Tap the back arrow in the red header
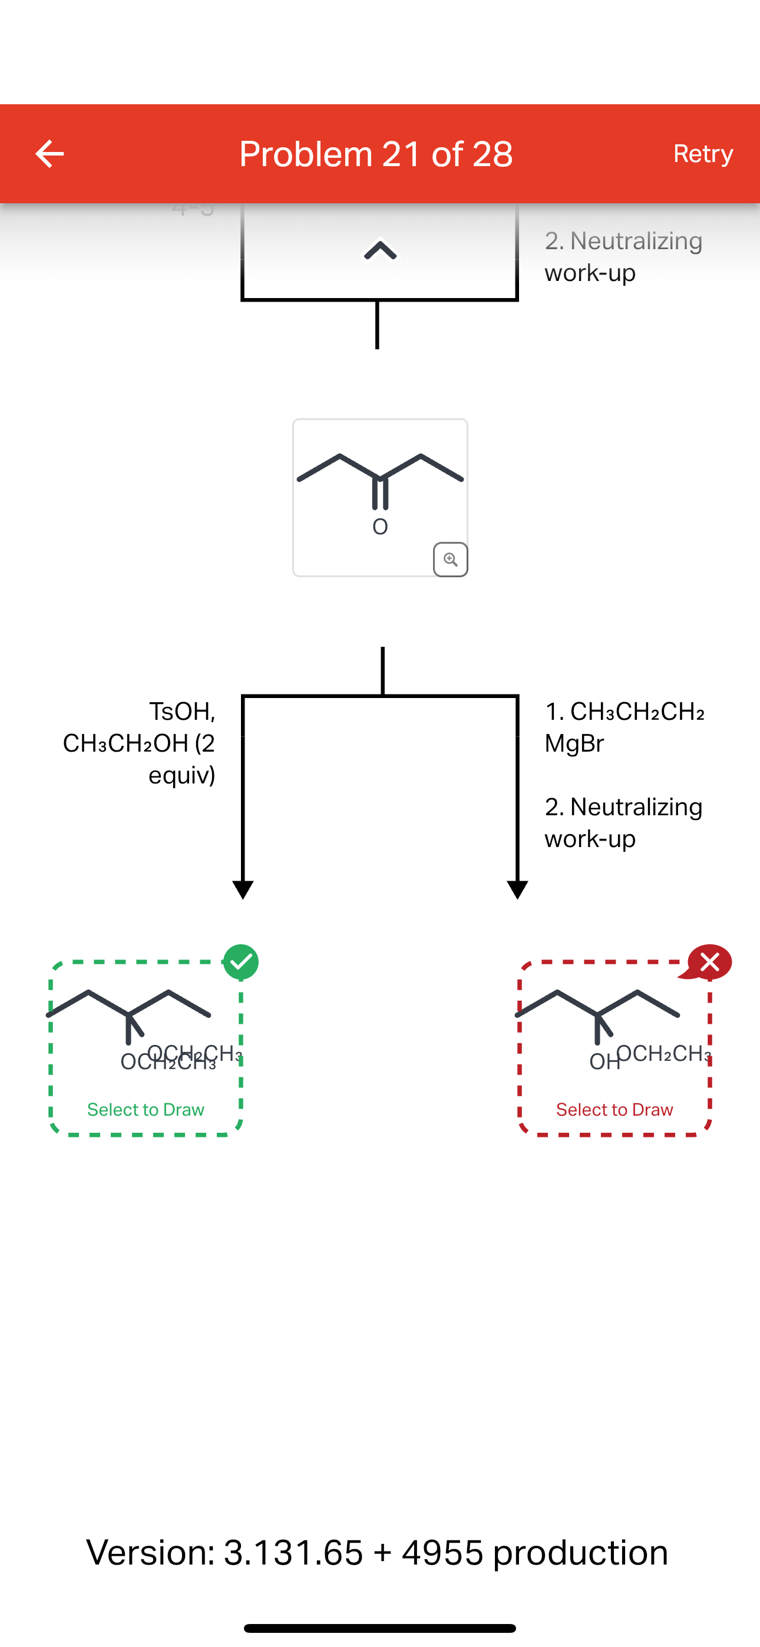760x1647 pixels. coord(49,154)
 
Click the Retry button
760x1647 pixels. coord(702,154)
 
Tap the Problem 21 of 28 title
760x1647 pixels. coord(376,154)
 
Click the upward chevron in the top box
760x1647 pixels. coord(380,250)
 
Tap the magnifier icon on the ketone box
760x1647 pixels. coord(450,560)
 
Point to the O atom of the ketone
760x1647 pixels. coord(380,527)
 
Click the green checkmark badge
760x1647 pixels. coord(241,961)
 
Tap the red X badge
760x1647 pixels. coord(709,961)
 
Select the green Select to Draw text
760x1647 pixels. coord(146,1109)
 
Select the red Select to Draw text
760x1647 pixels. coord(614,1109)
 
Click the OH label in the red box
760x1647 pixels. coord(603,1062)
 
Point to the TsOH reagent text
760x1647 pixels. coord(182,711)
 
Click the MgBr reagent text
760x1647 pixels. coord(574,743)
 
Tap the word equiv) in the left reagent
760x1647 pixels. coord(181,776)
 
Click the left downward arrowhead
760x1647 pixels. coord(243,889)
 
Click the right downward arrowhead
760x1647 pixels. coord(517,889)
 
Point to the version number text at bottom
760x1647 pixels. coord(378,1552)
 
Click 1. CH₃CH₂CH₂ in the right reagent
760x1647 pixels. coord(624,712)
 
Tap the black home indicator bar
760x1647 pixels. coord(380,1628)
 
